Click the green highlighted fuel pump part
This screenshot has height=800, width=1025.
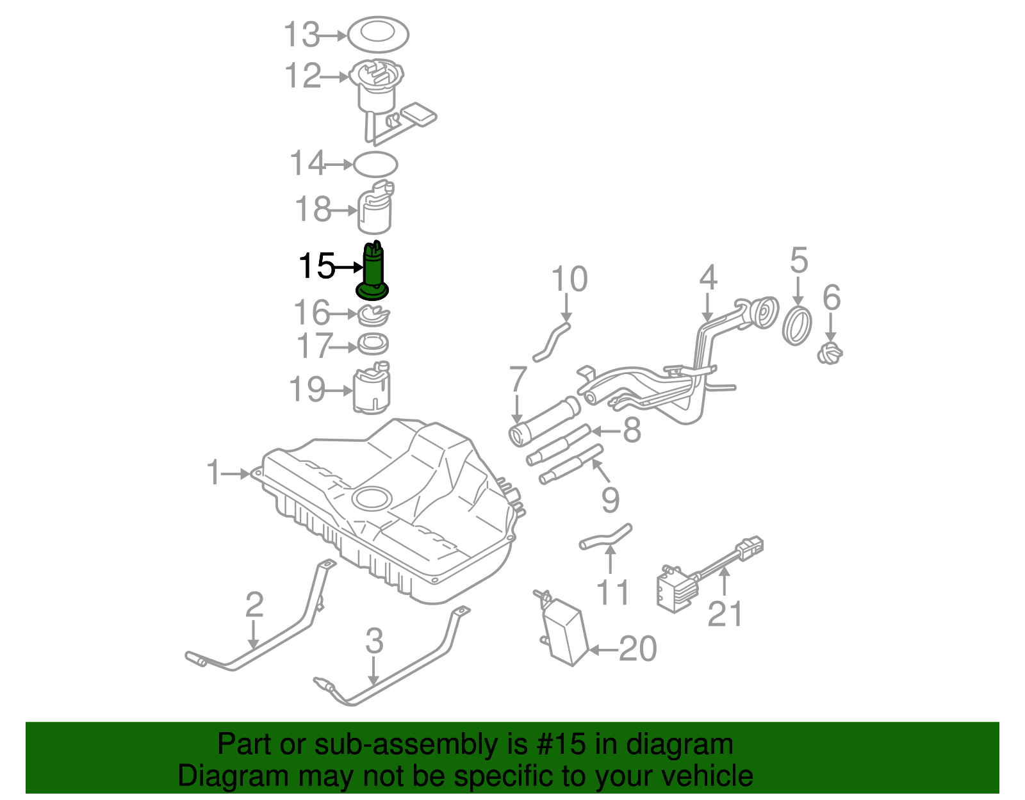373,272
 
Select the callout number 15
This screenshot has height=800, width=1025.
317,266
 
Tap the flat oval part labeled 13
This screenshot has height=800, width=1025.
378,34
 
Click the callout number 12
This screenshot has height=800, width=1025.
302,76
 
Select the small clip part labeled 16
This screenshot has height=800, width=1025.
373,314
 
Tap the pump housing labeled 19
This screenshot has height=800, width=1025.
372,389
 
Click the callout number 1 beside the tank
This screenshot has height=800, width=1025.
214,473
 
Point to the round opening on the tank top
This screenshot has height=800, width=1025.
372,498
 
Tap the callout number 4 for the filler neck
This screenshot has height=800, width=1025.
708,278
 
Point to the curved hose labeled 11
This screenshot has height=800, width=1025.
605,537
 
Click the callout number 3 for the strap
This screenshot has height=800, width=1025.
374,641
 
